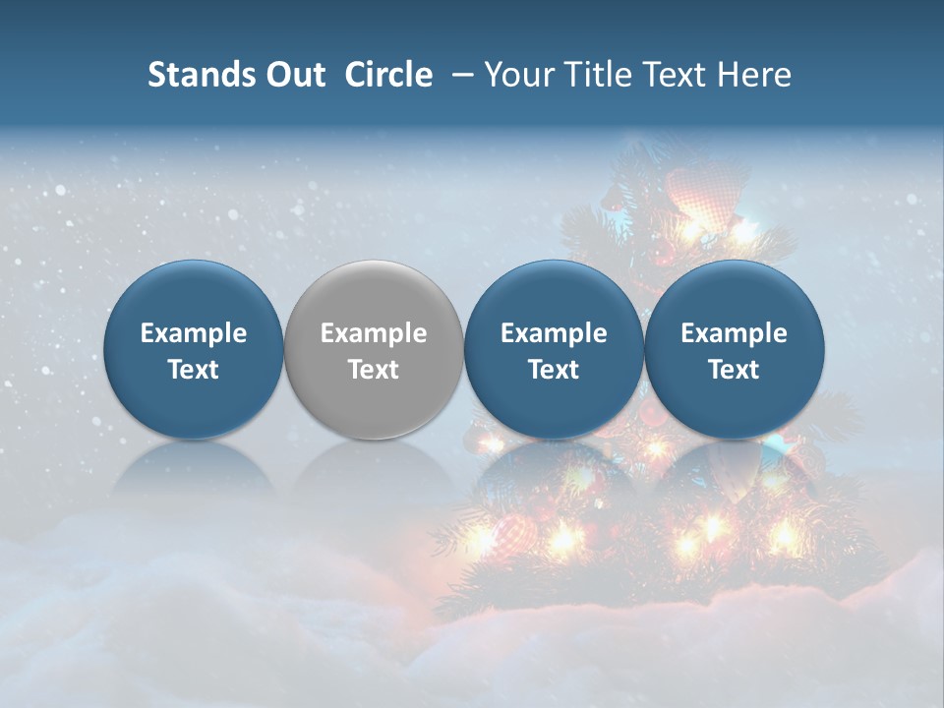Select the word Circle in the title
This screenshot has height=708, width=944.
click(388, 75)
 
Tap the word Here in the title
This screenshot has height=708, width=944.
click(755, 75)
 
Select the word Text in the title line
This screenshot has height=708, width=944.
click(675, 75)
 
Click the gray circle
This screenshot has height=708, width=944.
click(374, 349)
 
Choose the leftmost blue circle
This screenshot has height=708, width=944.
click(194, 349)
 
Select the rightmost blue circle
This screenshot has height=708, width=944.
click(735, 349)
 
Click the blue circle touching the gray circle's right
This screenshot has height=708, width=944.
click(554, 349)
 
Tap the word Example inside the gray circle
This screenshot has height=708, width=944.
click(374, 333)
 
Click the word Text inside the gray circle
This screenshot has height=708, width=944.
click(374, 370)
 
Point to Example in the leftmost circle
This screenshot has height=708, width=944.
click(194, 333)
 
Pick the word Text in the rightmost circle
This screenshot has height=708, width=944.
click(735, 370)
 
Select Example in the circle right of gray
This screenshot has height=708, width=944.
click(554, 333)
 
